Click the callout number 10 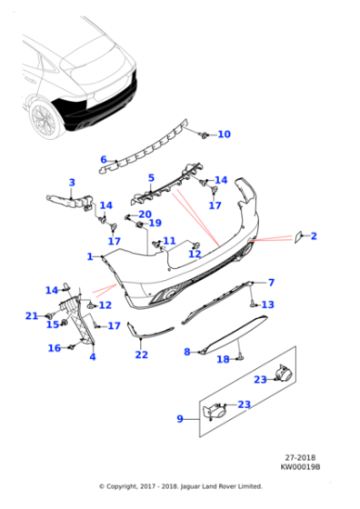tap(224, 135)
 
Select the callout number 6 tap(103, 160)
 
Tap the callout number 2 tap(314, 236)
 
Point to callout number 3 tap(73, 183)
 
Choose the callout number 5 tap(151, 178)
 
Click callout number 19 tap(155, 223)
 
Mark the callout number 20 tap(145, 214)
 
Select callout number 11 tap(169, 241)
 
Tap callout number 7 tap(270, 283)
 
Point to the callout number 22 tap(141, 354)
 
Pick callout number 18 tap(223, 360)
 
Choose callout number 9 tap(180, 419)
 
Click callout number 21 tap(32, 315)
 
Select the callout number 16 tap(54, 348)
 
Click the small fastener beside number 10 tap(204, 135)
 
